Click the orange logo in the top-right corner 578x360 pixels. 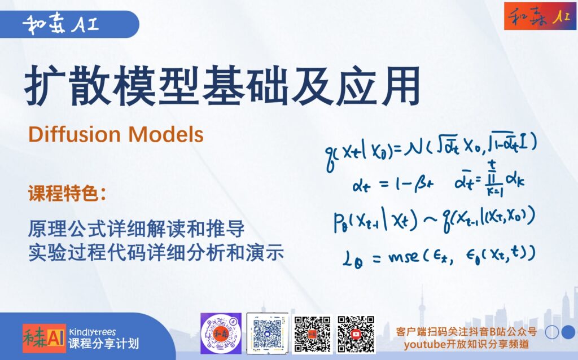[x=540, y=16]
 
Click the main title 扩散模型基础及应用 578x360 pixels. [x=222, y=86]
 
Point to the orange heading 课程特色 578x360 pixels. [x=67, y=194]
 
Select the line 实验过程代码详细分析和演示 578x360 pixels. [x=156, y=253]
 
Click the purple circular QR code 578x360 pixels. [x=221, y=333]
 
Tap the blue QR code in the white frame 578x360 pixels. [x=267, y=333]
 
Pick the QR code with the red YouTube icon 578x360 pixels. [x=356, y=334]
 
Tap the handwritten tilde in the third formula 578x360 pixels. [x=431, y=220]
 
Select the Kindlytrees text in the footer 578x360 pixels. [x=92, y=332]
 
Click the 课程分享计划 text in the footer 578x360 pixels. [x=104, y=344]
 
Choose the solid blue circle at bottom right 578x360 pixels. [x=568, y=332]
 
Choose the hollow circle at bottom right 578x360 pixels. [x=552, y=332]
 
